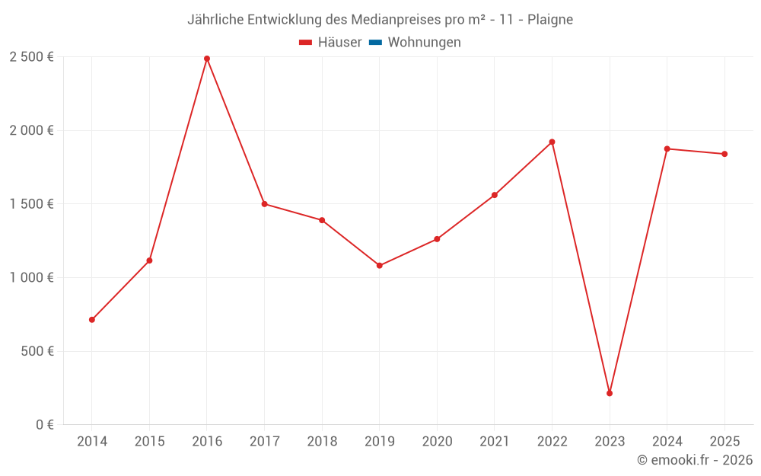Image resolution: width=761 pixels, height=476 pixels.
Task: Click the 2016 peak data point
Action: click(207, 59)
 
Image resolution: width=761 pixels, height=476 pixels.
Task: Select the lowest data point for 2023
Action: click(610, 393)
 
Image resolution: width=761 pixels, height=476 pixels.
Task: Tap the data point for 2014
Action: click(92, 320)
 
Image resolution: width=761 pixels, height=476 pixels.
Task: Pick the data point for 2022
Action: click(552, 142)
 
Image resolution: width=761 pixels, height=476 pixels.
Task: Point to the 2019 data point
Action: click(380, 266)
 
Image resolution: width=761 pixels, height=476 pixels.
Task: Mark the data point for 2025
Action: click(724, 154)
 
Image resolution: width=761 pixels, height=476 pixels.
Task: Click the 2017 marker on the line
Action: click(264, 204)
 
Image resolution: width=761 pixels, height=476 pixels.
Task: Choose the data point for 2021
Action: click(495, 195)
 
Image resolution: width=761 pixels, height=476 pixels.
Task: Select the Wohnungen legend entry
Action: click(424, 43)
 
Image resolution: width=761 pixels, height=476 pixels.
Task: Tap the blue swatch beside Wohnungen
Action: click(375, 43)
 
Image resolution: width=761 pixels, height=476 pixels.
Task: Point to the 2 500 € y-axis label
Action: click(31, 57)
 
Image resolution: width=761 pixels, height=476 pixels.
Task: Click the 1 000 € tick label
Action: click(31, 278)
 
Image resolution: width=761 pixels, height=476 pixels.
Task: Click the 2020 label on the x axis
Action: click(437, 442)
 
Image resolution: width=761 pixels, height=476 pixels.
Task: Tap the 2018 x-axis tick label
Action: click(322, 442)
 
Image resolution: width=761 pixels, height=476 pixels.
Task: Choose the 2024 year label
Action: click(667, 442)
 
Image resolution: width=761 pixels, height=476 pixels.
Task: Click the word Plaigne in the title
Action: click(550, 20)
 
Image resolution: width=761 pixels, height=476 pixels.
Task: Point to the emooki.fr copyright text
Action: click(695, 460)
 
